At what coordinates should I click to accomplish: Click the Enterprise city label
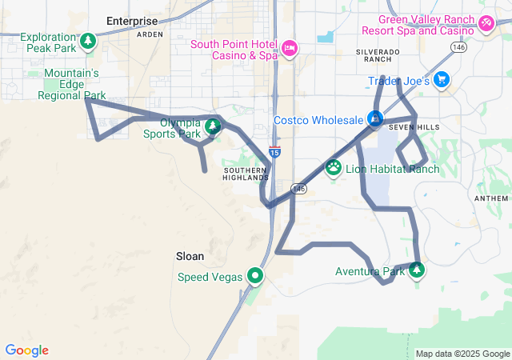pyautogui.click(x=133, y=21)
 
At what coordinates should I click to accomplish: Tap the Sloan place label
pyautogui.click(x=190, y=257)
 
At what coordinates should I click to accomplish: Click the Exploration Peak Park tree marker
pyautogui.click(x=87, y=40)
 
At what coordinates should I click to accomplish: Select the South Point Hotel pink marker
pyautogui.click(x=289, y=49)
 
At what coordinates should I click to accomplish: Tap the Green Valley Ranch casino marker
pyautogui.click(x=486, y=25)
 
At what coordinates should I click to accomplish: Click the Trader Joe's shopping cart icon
pyautogui.click(x=442, y=81)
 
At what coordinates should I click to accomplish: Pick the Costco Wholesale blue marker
pyautogui.click(x=374, y=119)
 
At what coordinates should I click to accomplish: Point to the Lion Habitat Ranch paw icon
pyautogui.click(x=334, y=168)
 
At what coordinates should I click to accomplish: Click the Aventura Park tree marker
pyautogui.click(x=416, y=270)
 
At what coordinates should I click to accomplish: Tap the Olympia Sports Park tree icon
pyautogui.click(x=212, y=126)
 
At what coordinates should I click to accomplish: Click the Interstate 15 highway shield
pyautogui.click(x=274, y=151)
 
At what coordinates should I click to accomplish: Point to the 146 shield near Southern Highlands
pyautogui.click(x=299, y=189)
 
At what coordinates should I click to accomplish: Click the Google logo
pyautogui.click(x=26, y=350)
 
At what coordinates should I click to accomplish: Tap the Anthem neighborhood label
pyautogui.click(x=491, y=198)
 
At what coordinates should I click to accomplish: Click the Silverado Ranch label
pyautogui.click(x=377, y=55)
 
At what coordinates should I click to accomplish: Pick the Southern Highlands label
pyautogui.click(x=246, y=174)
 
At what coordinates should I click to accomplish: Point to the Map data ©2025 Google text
pyautogui.click(x=462, y=354)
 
